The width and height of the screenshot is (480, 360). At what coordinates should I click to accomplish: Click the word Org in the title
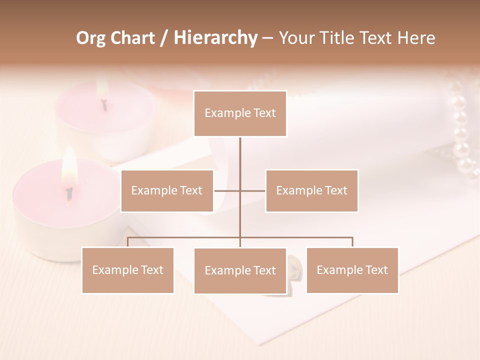pos(90,38)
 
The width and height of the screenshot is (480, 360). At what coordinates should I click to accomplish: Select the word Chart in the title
pos(130,38)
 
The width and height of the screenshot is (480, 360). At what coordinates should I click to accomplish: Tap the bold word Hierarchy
pos(215,38)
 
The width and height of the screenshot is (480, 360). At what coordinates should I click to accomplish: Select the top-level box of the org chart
pos(240,113)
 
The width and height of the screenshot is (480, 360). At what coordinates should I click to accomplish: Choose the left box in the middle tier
pos(167,191)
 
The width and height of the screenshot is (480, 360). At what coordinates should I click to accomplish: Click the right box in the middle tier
pos(311,191)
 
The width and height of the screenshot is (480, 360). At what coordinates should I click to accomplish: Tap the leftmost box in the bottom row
pos(128,270)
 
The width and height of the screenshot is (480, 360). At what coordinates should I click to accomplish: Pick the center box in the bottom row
pos(240,271)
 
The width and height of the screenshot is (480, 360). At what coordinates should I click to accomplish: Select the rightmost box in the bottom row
pos(352,270)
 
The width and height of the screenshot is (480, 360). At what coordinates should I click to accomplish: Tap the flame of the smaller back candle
pos(102,89)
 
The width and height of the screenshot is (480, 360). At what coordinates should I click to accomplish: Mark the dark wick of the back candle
pos(104,104)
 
